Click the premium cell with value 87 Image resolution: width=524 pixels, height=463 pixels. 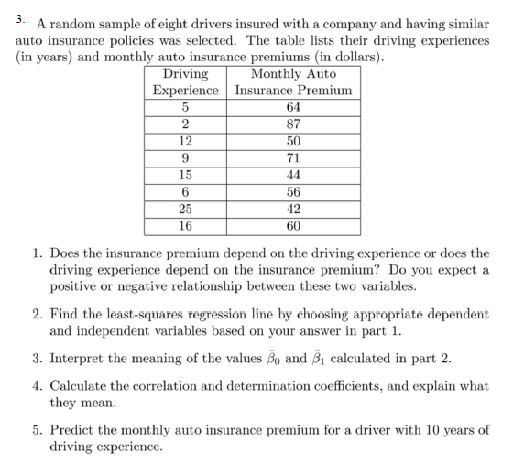[x=293, y=124]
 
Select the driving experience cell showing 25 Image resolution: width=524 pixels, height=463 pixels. [x=186, y=208]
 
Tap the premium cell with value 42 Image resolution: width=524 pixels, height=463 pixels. [x=293, y=208]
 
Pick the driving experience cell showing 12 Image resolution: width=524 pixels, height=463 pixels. [x=186, y=141]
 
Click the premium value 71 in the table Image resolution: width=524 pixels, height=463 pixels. [x=293, y=157]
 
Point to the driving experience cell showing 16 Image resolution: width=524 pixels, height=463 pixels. [x=186, y=224]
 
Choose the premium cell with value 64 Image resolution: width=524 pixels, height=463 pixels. [x=293, y=108]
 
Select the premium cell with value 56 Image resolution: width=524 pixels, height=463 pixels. [x=293, y=191]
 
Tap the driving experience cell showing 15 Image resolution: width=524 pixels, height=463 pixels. [x=186, y=175]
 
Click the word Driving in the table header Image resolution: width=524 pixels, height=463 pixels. [x=185, y=74]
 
